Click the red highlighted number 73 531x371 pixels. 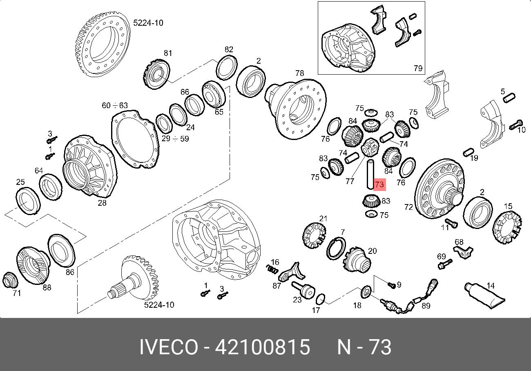379,184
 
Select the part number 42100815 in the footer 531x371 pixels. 262,347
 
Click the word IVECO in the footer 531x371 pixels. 169,347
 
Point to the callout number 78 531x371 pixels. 299,73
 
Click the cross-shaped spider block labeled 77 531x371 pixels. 369,148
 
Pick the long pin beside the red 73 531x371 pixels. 370,175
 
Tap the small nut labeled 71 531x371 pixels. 10,281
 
